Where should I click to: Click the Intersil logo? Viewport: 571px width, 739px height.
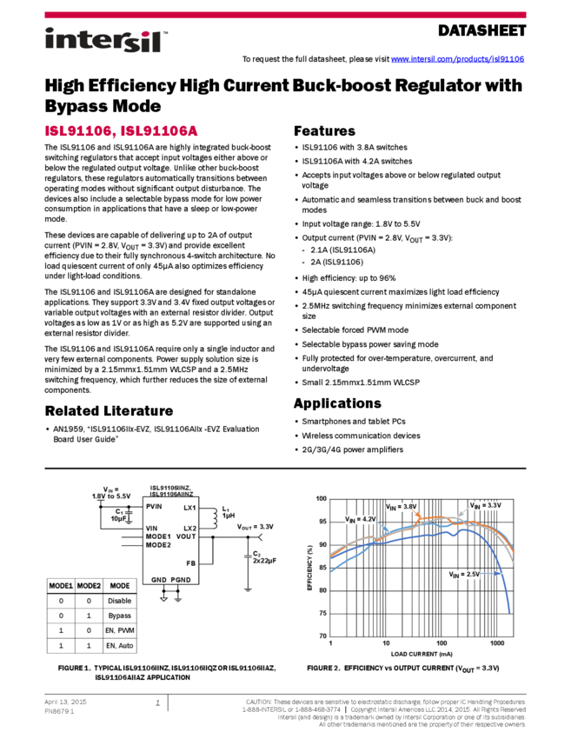pos(106,41)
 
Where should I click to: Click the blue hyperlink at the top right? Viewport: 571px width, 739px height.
pos(457,59)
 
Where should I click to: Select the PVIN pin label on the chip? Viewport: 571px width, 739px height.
pos(154,506)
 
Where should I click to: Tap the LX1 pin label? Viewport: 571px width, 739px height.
pos(190,507)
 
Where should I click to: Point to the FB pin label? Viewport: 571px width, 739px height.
pos(191,563)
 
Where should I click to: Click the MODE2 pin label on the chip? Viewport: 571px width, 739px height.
pos(157,545)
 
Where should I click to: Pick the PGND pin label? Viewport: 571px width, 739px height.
pos(181,579)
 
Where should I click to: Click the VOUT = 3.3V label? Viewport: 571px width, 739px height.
pos(254,527)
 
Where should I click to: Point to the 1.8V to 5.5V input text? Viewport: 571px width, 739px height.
pos(110,496)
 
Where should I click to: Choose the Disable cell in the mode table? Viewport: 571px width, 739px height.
pos(119,601)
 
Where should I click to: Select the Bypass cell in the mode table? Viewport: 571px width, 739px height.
pos(119,615)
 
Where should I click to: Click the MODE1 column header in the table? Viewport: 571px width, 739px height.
pos(61,586)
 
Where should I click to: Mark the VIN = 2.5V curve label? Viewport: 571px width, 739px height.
pos(464,575)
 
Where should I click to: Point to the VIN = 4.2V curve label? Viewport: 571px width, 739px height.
pos(360,519)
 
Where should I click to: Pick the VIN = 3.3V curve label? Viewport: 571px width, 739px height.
pos(485,506)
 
